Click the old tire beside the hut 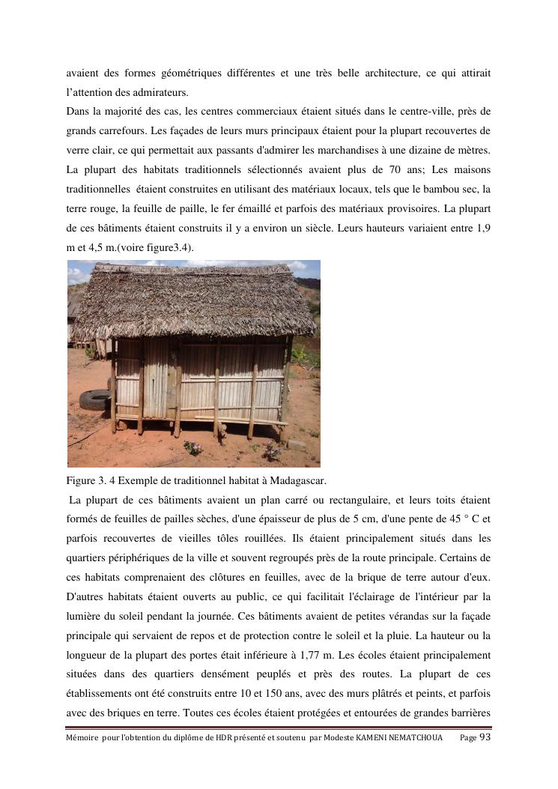(95, 400)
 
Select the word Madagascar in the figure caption (296, 480)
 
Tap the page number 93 (484, 737)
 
